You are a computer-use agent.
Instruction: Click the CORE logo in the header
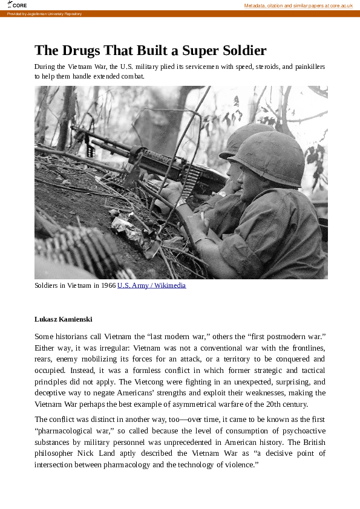(x=18, y=5)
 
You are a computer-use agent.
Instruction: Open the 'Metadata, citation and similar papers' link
(x=298, y=5)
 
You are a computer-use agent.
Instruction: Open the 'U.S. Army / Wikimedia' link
(x=151, y=285)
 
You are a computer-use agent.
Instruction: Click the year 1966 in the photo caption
(x=108, y=285)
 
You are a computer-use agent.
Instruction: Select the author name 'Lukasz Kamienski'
(x=64, y=319)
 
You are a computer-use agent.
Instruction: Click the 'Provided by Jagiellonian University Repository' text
(x=44, y=13)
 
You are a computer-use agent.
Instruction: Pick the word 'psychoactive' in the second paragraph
(x=303, y=430)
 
